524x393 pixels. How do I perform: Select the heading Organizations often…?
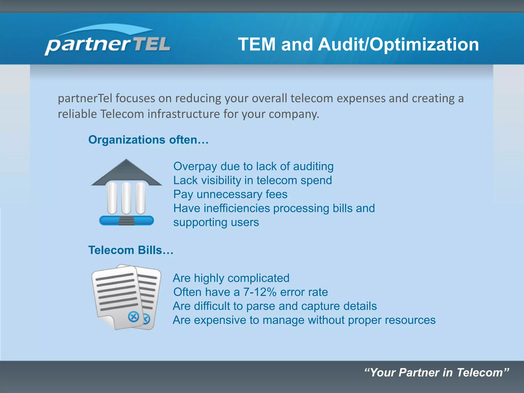(148, 140)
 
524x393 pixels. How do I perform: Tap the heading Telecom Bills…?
(131, 250)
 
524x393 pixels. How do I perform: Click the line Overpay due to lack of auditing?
(253, 166)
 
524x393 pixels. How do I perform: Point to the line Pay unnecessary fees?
(230, 194)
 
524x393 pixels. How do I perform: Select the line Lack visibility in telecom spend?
(253, 180)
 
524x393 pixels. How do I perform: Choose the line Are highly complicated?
(231, 278)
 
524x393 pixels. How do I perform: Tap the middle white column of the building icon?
(126, 198)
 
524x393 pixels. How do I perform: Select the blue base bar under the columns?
(126, 221)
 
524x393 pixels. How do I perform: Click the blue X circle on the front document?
(133, 317)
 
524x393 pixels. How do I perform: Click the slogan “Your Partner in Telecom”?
(436, 373)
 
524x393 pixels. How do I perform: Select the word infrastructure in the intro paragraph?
(183, 114)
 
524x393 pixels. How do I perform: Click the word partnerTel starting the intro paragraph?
(85, 99)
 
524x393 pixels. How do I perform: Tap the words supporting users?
(216, 222)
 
